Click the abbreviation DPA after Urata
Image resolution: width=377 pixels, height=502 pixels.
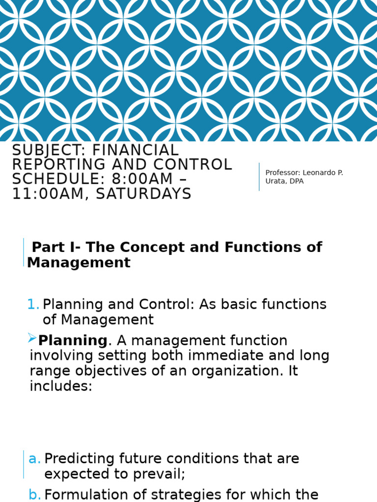point(296,181)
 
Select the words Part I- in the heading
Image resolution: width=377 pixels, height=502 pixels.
point(49,248)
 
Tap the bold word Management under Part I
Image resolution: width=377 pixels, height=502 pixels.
point(79,263)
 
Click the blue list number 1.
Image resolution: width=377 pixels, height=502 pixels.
point(33,304)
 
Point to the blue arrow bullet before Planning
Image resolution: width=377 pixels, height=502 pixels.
point(32,338)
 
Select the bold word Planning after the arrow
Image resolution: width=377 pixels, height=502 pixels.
point(72,340)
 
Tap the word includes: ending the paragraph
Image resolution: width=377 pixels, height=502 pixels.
point(61,386)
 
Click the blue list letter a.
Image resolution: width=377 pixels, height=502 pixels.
point(34,459)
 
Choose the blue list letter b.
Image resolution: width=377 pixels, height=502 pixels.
point(34,495)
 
